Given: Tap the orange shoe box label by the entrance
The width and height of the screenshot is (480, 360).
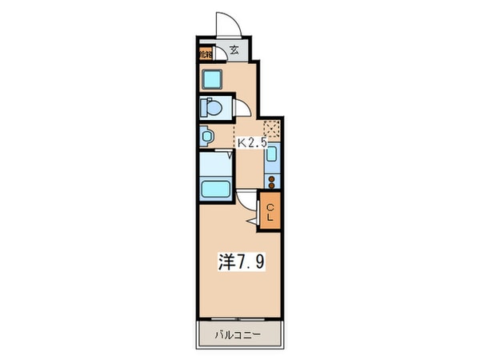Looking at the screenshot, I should [x=206, y=54].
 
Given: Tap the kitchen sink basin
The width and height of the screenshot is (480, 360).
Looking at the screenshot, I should [x=271, y=154].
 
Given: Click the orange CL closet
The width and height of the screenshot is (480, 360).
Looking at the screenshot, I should [x=270, y=212].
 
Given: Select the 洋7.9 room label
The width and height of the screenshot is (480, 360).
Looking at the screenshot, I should [x=238, y=262].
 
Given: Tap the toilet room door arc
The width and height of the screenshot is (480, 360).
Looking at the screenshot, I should [x=242, y=110].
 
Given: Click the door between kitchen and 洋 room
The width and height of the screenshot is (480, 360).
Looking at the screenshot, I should [x=246, y=202].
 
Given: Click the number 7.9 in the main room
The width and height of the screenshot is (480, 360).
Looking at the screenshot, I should [x=247, y=262].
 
